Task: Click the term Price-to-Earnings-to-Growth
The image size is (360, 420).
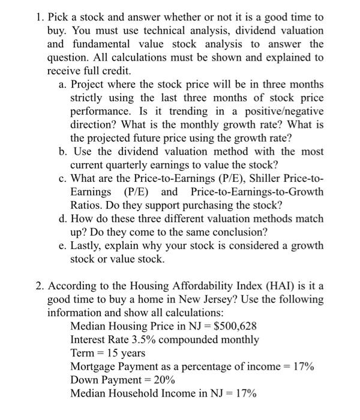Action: click(257, 192)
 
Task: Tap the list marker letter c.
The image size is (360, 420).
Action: click(62, 178)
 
